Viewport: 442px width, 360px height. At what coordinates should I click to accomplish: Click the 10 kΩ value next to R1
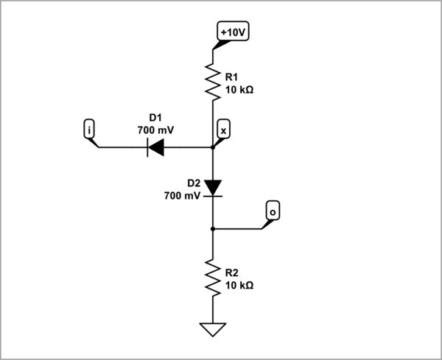coord(241,91)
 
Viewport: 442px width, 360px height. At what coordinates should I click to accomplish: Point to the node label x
coord(224,130)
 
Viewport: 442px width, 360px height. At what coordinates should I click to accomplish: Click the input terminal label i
coord(89,130)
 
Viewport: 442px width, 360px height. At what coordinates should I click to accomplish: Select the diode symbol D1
coord(156,147)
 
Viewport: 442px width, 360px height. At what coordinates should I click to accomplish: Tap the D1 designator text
coord(155,117)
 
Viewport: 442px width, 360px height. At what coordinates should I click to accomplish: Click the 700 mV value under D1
coord(156,130)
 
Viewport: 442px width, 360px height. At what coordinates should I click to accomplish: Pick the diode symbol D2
coord(213,188)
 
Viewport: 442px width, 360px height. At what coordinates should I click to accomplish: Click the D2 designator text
coord(193,183)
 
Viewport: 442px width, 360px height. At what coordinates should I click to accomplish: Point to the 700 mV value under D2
coord(181,196)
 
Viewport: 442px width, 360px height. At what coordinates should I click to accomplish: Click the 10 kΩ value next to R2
coord(241,286)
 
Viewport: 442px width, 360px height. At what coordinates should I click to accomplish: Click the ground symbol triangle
coord(213,329)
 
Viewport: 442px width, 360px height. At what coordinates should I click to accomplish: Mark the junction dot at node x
coord(213,147)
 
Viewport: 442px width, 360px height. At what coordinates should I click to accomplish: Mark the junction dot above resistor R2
coord(213,229)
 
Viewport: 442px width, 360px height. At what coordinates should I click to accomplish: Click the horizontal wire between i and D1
coord(122,147)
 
